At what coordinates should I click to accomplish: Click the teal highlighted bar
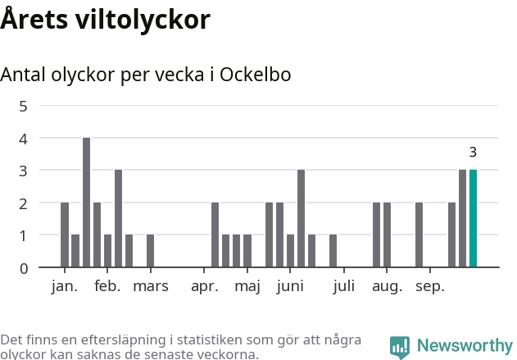(473, 218)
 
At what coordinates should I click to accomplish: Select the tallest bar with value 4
(86, 203)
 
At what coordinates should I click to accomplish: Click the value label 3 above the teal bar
(473, 153)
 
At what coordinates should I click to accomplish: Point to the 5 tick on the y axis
(23, 106)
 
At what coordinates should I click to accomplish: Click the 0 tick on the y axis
(23, 267)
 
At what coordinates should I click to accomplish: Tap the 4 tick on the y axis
(23, 139)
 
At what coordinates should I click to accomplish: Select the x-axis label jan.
(64, 286)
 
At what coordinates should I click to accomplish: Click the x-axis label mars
(151, 286)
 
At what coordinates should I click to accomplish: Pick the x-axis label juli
(344, 286)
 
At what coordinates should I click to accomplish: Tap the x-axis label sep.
(430, 286)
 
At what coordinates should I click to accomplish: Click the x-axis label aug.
(387, 286)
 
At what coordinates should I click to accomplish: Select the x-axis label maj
(247, 286)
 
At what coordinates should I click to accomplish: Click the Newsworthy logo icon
(400, 346)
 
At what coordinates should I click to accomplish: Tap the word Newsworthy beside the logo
(464, 346)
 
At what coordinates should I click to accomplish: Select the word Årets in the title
(31, 20)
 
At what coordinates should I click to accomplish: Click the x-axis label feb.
(107, 286)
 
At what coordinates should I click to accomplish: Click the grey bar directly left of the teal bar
(462, 218)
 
